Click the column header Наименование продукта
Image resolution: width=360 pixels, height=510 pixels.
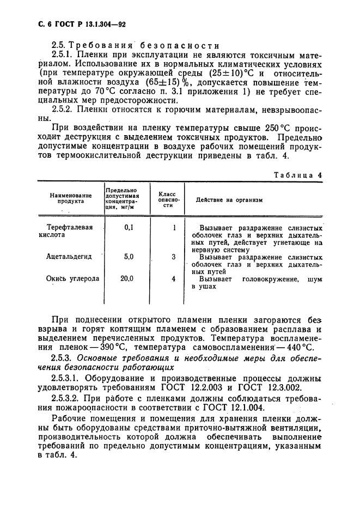[70, 197]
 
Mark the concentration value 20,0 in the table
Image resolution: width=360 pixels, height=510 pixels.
[127, 278]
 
